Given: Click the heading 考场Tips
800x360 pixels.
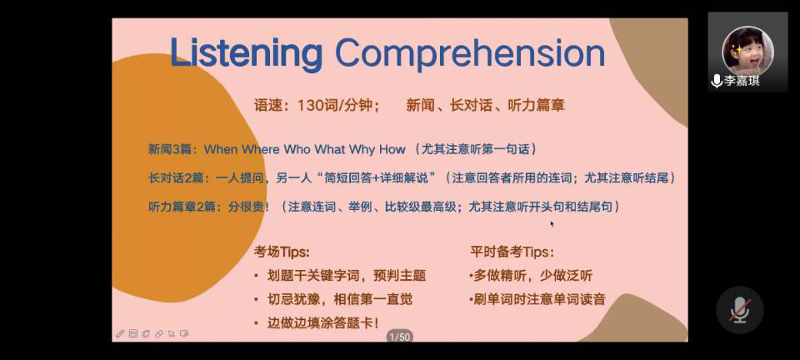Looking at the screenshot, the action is point(282,252).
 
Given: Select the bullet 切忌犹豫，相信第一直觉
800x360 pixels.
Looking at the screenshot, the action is point(340,300).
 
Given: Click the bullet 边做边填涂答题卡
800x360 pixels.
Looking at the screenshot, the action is point(323,322).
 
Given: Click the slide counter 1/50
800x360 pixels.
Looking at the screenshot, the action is point(399,337).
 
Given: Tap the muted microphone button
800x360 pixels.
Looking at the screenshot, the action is point(739,310).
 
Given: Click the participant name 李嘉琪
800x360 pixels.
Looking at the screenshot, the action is point(742,81).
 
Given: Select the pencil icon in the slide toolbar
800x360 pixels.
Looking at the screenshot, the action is point(120,334).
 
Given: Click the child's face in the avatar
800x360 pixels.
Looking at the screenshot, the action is point(747,52).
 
